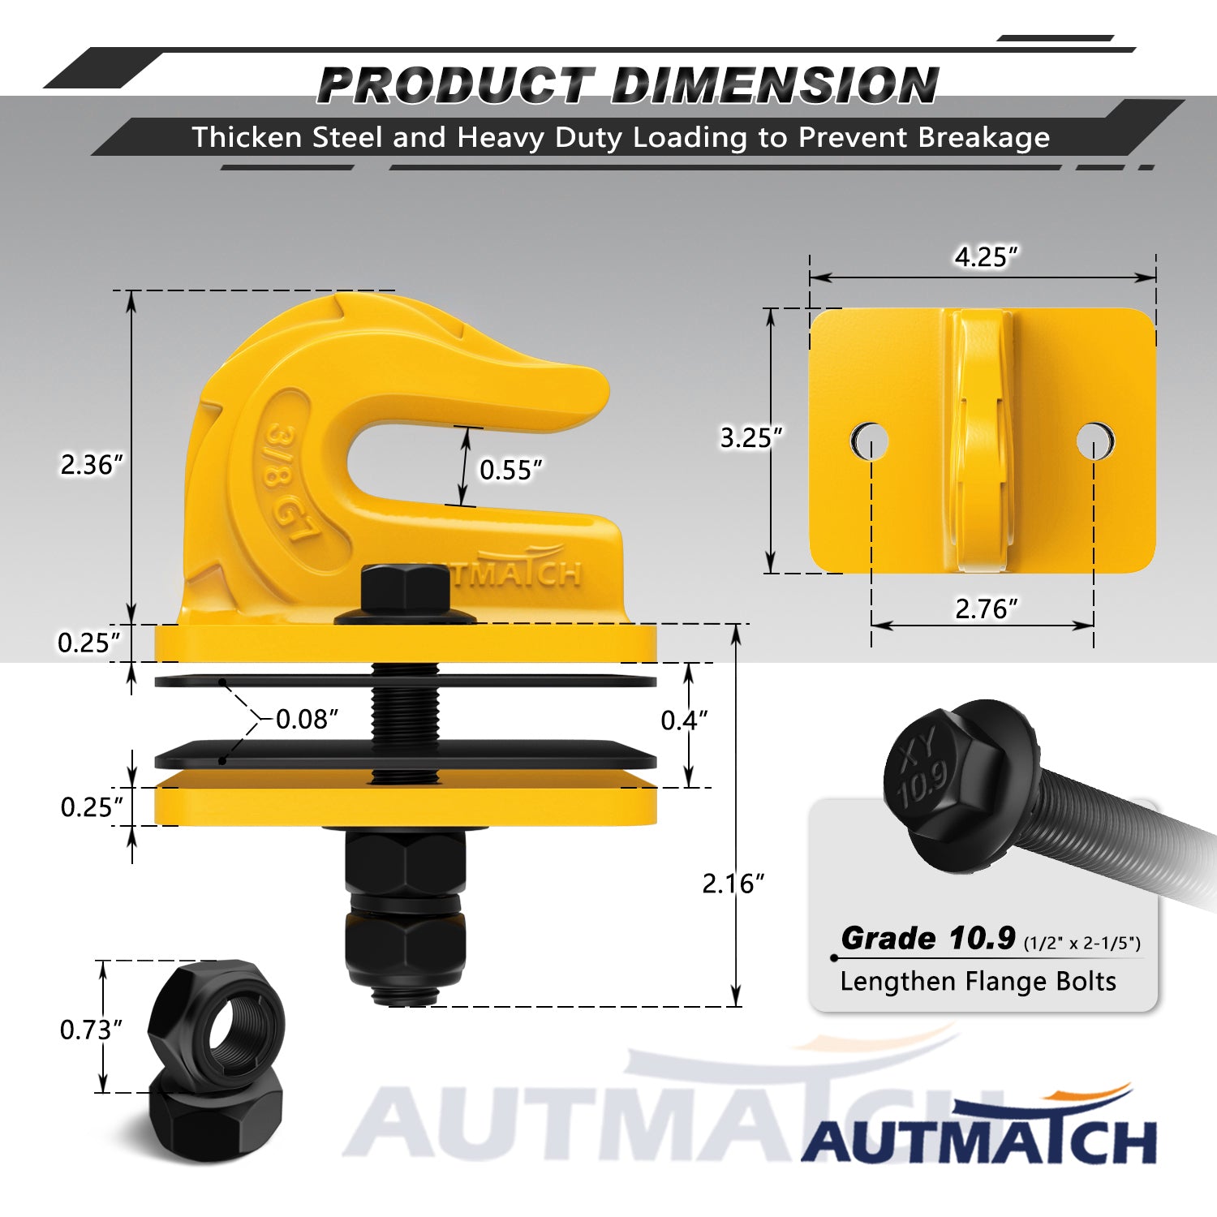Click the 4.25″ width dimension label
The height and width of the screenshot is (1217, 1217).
tap(986, 256)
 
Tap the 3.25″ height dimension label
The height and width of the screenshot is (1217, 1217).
tap(751, 438)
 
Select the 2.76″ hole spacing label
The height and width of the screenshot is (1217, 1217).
tap(986, 608)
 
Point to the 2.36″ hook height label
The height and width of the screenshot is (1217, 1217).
tap(92, 465)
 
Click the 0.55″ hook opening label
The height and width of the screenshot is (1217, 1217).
tap(511, 470)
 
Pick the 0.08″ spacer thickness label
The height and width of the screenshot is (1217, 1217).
tap(307, 719)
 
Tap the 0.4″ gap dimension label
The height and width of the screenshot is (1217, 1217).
tap(684, 720)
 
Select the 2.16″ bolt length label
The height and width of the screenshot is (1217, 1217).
tap(733, 884)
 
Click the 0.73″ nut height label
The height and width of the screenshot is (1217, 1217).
tap(91, 1030)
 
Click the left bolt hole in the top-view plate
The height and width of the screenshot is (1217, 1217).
tap(870, 441)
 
